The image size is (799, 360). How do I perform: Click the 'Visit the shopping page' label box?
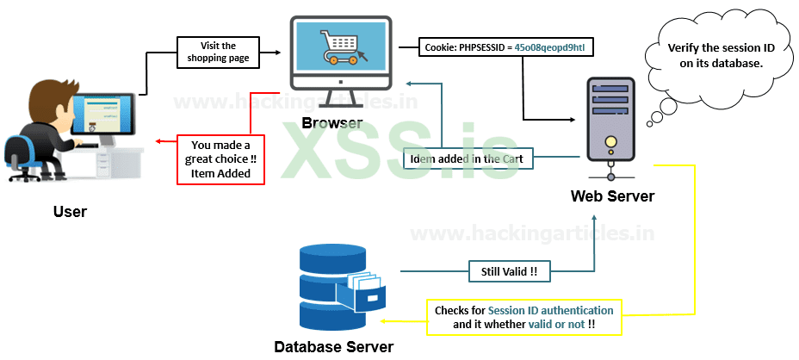218,52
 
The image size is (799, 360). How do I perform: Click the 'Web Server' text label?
612,196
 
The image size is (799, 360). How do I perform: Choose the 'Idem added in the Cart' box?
468,158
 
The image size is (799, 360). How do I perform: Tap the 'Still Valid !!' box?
510,271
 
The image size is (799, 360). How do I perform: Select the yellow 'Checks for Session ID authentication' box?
523,317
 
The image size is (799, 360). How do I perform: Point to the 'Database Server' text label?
334,347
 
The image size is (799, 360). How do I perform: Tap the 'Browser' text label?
332,123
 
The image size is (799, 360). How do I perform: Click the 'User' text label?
70,211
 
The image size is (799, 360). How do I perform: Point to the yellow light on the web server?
610,141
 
